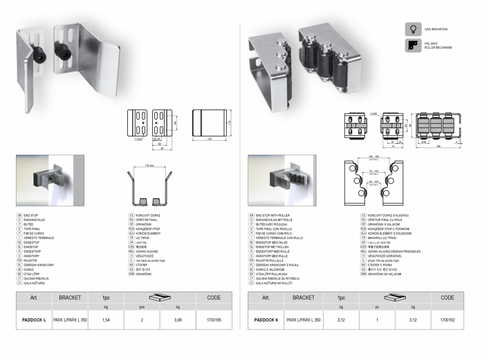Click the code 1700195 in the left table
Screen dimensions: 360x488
[x=214, y=320]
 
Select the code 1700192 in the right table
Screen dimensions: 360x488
[x=447, y=320]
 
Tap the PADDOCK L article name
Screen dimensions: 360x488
[x=34, y=320]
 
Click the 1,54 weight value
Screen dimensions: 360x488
[x=106, y=320]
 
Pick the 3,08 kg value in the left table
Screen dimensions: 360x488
[x=177, y=320]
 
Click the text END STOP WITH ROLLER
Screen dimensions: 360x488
[x=275, y=215]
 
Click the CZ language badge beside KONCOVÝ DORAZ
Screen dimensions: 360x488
[x=130, y=215]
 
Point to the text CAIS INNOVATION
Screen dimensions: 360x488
[x=436, y=29]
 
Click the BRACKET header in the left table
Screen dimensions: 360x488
[x=70, y=298]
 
